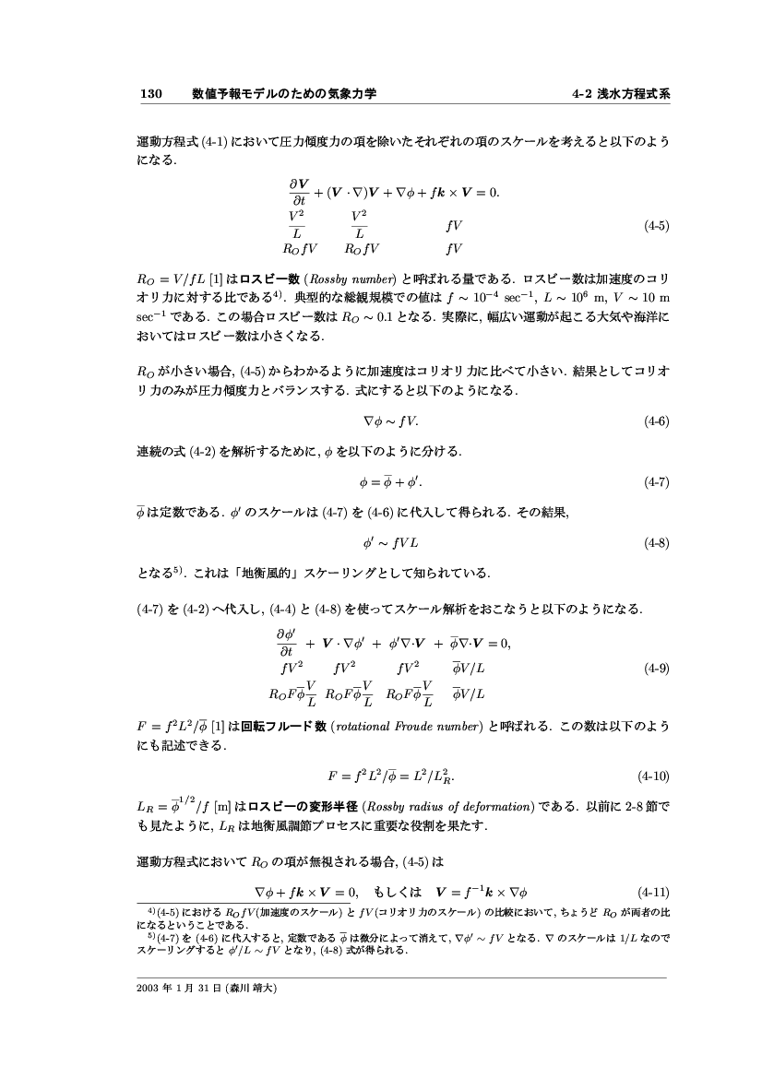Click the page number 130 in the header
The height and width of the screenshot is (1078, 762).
pos(150,93)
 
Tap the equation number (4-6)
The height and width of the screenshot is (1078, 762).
pos(656,421)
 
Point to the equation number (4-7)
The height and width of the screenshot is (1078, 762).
pos(656,481)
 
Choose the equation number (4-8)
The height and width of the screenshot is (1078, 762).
pos(656,542)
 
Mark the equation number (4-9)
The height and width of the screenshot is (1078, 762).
pos(656,669)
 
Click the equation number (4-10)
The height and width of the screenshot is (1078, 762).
pos(654,772)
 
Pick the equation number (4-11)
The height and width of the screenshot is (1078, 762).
pos(654,892)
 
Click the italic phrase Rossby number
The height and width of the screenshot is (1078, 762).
pos(363,277)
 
